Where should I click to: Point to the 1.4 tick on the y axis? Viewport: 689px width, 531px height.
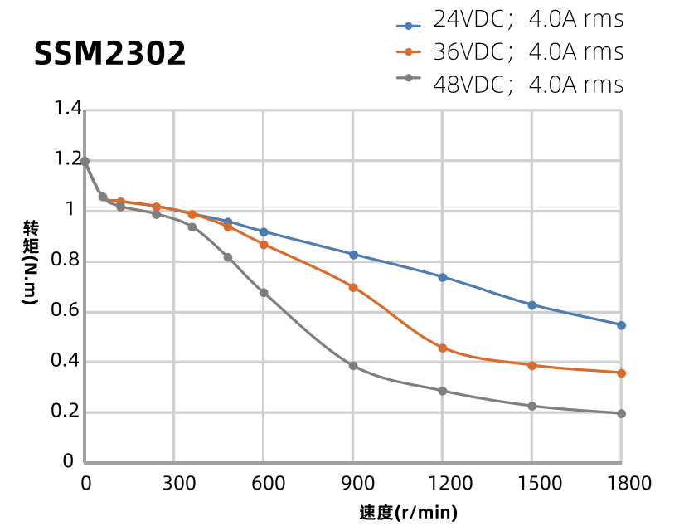point(68,109)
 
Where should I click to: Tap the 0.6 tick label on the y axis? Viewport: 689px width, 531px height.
point(68,311)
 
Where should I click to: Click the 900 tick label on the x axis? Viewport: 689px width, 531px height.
point(353,483)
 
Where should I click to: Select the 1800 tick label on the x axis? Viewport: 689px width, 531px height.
point(621,483)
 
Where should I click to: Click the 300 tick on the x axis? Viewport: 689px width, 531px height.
point(174,483)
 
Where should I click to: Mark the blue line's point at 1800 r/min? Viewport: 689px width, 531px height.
point(621,325)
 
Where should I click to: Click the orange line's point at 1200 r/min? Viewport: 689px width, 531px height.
point(443,348)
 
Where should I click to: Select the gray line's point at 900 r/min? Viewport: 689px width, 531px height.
point(353,366)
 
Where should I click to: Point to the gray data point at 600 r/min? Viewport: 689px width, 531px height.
point(264,293)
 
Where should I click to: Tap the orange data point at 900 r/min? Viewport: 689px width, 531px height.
point(353,288)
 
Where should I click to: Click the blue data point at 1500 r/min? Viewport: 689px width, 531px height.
point(531,305)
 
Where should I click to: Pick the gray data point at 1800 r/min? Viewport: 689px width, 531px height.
point(621,413)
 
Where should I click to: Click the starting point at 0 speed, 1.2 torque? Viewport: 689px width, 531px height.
point(85,162)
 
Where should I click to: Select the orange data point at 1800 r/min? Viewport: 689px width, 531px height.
point(621,373)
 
